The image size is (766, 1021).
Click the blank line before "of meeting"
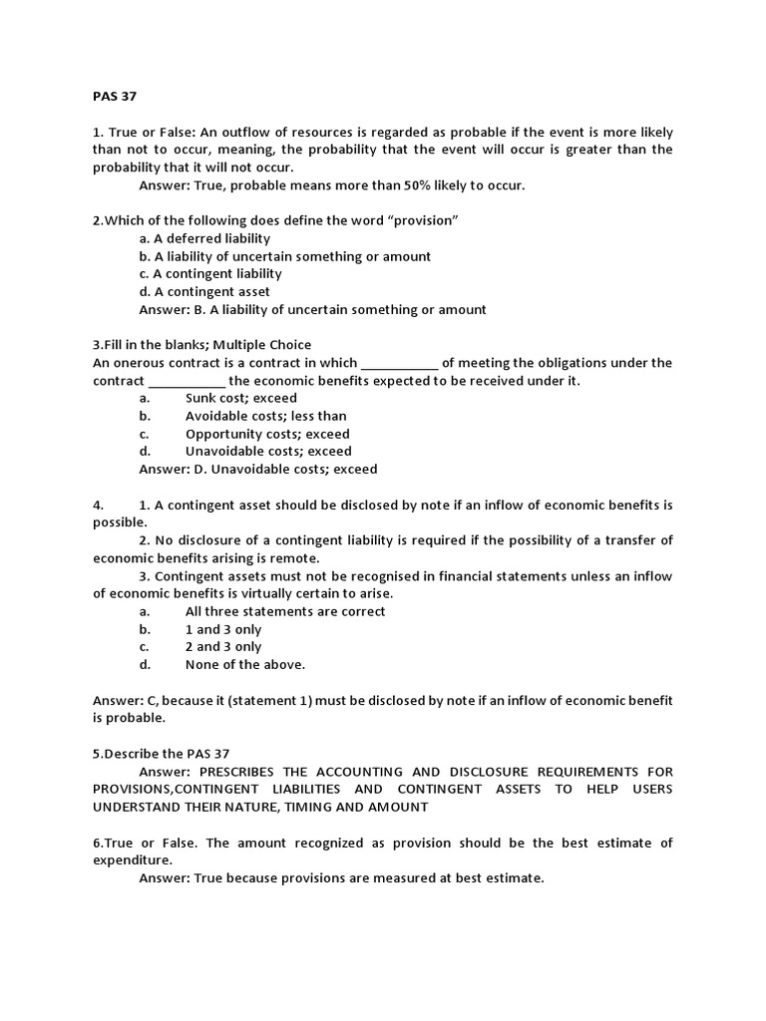click(398, 364)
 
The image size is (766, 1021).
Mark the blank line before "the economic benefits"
click(188, 382)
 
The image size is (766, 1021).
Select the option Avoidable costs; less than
click(265, 416)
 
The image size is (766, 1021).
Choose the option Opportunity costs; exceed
click(267, 434)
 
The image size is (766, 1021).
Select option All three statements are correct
click(285, 611)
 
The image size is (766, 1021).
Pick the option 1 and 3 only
click(223, 629)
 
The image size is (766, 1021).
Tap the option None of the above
click(245, 664)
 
